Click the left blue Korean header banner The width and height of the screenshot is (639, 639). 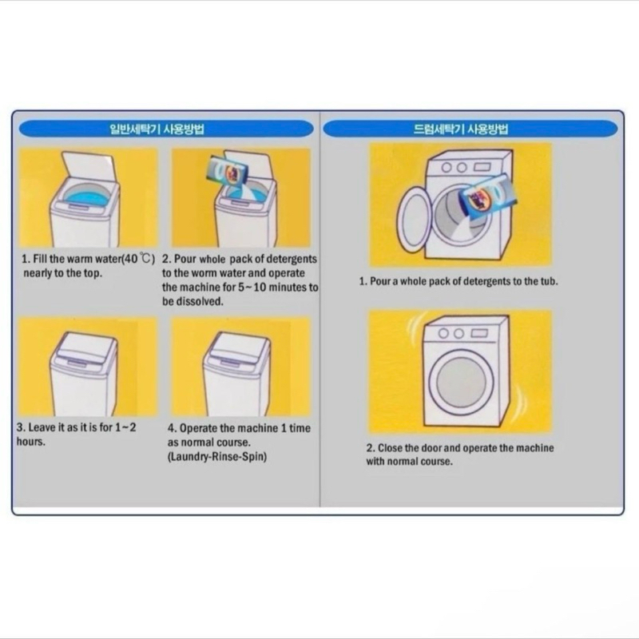tap(166, 129)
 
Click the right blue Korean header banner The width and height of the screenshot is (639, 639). tap(470, 129)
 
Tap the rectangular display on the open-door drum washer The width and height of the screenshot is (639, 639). tap(482, 167)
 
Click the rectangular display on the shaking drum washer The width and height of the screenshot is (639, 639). tap(480, 333)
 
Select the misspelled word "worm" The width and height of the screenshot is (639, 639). tap(204, 273)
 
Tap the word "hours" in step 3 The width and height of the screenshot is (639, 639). tap(30, 442)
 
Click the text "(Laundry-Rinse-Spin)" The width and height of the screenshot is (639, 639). tap(217, 456)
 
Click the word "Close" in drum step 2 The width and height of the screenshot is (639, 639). tap(389, 448)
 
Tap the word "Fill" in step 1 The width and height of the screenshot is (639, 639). tap(41, 259)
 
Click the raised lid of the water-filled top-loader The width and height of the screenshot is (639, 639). tap(88, 167)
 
